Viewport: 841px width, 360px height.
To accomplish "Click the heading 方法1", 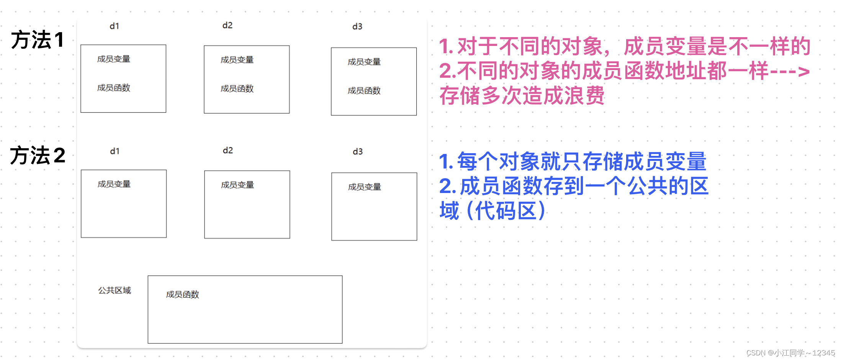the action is [38, 40].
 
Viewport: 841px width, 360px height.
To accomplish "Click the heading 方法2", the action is [38, 155].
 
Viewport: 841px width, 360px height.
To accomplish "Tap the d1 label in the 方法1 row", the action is [115, 26].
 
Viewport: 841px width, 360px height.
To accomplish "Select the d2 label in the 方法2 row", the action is [228, 151].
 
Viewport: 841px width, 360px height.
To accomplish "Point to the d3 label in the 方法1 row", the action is [357, 26].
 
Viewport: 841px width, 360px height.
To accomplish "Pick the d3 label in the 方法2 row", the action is [358, 152].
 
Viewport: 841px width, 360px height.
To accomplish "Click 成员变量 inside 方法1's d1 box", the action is [114, 59].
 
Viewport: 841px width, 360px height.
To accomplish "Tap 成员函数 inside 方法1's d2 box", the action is [237, 88].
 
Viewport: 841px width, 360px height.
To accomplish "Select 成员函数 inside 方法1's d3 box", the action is [364, 91].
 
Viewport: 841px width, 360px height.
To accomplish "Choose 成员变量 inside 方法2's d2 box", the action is [237, 185].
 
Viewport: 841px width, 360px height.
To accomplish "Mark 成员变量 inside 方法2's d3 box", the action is [365, 187].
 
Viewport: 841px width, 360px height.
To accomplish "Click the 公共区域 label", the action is [115, 290].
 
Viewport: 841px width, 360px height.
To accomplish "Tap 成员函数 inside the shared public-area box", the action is [183, 295].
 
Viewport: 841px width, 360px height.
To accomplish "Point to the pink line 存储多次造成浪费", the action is [522, 96].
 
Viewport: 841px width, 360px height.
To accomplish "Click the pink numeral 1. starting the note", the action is [446, 47].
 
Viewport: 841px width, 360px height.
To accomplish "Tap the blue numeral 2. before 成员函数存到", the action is [447, 187].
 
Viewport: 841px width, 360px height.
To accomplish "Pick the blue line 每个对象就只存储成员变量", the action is [582, 161].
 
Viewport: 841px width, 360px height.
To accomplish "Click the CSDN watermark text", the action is [790, 353].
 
